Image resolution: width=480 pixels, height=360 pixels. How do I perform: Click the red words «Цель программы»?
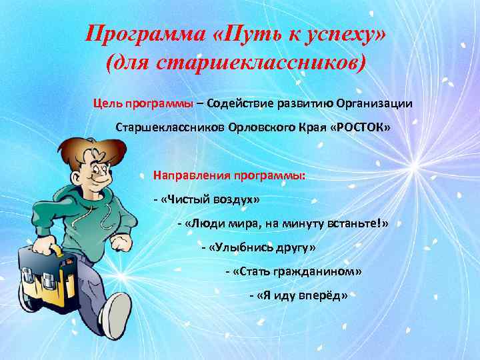click(x=143, y=103)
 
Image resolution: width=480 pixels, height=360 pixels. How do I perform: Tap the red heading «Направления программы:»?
click(x=229, y=176)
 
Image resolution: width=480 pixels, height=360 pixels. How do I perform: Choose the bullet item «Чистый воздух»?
click(x=207, y=199)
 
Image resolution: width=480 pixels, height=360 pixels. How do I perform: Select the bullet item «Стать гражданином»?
click(x=295, y=271)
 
